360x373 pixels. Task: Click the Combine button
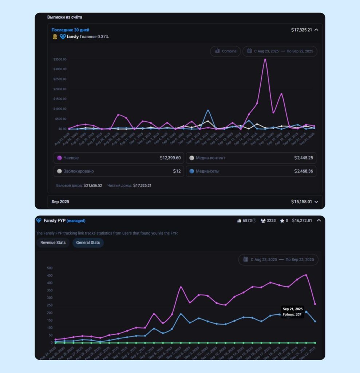click(x=225, y=51)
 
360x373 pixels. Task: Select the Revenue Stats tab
click(x=53, y=243)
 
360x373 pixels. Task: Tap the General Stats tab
click(x=88, y=243)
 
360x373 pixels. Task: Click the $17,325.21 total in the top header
click(x=301, y=30)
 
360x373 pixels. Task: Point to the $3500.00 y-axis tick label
click(x=60, y=59)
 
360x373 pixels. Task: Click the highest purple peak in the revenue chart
click(x=265, y=59)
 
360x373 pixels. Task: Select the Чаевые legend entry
click(x=71, y=158)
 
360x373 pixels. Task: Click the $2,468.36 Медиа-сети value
click(x=304, y=171)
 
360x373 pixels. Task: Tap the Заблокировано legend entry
click(x=76, y=171)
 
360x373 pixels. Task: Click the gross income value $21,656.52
click(x=92, y=185)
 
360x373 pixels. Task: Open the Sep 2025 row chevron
click(x=316, y=202)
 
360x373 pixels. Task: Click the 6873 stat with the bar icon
click(x=246, y=221)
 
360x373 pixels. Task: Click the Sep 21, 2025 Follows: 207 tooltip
click(x=292, y=312)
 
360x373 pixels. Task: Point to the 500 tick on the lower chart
click(x=50, y=268)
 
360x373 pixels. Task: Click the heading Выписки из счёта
click(x=64, y=17)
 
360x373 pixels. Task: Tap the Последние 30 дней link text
click(x=70, y=30)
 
